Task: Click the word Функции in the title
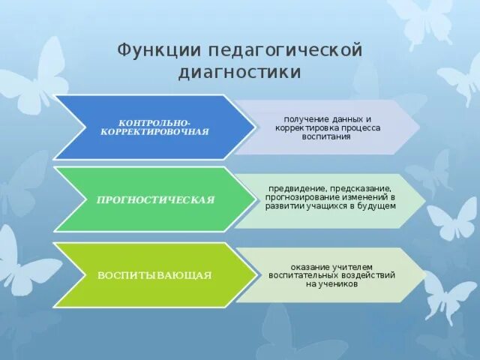point(148,51)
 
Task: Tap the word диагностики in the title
point(240,72)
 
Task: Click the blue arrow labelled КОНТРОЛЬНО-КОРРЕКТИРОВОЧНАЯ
point(154,127)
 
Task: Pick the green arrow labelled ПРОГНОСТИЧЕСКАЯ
point(154,199)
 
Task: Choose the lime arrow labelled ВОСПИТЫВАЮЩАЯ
point(154,274)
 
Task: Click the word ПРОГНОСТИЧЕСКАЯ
point(155,200)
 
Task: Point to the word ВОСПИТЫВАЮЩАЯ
point(154,275)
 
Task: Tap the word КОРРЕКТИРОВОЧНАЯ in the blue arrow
point(154,131)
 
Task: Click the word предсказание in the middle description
point(358,188)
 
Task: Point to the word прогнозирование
point(299,196)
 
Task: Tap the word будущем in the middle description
point(379,205)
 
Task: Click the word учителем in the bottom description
point(353,267)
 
